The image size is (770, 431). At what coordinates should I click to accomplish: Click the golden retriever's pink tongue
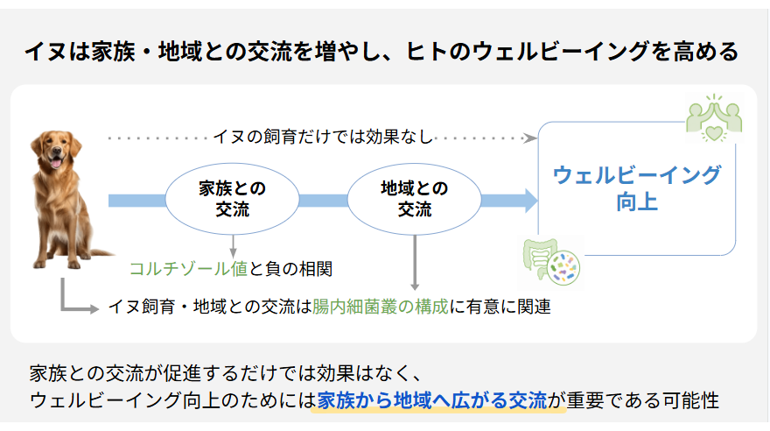(x=56, y=163)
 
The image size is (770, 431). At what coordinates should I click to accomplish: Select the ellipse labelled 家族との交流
(x=232, y=199)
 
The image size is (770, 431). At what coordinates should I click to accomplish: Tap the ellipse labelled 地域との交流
(x=415, y=199)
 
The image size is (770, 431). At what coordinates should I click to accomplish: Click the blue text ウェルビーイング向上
(x=637, y=188)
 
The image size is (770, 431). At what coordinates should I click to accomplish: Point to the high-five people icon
(x=714, y=118)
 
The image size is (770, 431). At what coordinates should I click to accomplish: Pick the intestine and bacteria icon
(x=551, y=262)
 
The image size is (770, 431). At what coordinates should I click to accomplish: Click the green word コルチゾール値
(x=188, y=269)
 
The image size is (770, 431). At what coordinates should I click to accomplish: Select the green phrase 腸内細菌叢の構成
(x=381, y=307)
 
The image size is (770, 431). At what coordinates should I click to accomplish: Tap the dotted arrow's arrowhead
(x=530, y=138)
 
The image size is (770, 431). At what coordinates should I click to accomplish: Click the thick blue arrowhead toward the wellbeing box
(x=531, y=201)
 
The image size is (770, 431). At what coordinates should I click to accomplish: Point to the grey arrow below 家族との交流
(x=234, y=246)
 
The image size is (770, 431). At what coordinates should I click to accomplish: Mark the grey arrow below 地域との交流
(x=415, y=263)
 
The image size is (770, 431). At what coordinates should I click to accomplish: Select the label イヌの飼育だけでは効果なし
(x=323, y=137)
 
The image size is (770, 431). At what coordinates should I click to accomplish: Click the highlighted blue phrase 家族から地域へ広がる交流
(x=432, y=400)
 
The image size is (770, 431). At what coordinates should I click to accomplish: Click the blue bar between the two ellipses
(x=323, y=201)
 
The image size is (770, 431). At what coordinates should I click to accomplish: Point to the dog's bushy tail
(x=101, y=253)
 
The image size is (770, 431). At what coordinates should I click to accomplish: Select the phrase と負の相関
(x=290, y=269)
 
